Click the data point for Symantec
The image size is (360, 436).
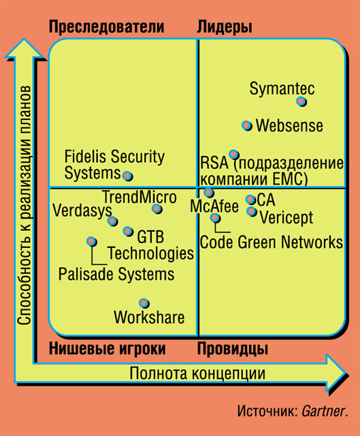(301, 102)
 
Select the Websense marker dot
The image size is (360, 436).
(246, 125)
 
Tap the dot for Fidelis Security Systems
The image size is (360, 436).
(127, 176)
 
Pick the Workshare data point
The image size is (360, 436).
(144, 303)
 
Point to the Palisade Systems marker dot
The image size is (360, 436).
(91, 241)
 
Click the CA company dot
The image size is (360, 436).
(250, 199)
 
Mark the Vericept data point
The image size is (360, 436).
(252, 211)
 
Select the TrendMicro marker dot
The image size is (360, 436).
(157, 208)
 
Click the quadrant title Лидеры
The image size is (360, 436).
(225, 27)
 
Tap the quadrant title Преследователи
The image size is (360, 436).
(106, 27)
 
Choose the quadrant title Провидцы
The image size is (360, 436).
(233, 349)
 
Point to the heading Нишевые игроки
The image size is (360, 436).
(108, 349)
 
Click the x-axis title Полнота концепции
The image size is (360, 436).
(197, 373)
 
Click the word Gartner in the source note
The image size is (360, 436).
(323, 411)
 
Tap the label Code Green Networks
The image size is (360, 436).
(272, 243)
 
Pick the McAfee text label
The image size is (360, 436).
(214, 206)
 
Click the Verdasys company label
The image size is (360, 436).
(82, 211)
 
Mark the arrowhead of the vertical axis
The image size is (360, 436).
(24, 48)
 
